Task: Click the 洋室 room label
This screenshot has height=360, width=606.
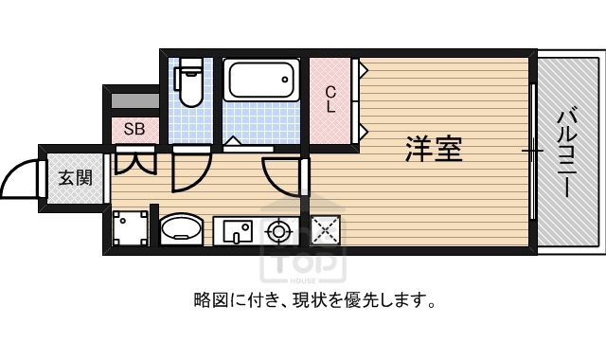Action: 434,149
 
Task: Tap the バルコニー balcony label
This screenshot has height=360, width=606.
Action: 566,153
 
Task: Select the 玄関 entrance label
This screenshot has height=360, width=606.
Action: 75,178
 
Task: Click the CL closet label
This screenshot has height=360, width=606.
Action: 330,99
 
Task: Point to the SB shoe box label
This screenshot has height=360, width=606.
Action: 134,129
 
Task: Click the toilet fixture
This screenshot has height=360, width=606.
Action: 188,82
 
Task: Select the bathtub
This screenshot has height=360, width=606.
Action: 261,80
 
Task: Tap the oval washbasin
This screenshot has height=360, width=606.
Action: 181,228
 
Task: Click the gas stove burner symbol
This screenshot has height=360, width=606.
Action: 278,231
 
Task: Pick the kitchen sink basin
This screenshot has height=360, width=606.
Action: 238,230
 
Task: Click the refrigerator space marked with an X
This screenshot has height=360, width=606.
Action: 326,230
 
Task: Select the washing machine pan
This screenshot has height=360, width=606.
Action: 130,228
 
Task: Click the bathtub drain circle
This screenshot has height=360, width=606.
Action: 285,80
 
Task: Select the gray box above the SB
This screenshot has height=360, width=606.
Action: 134,100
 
